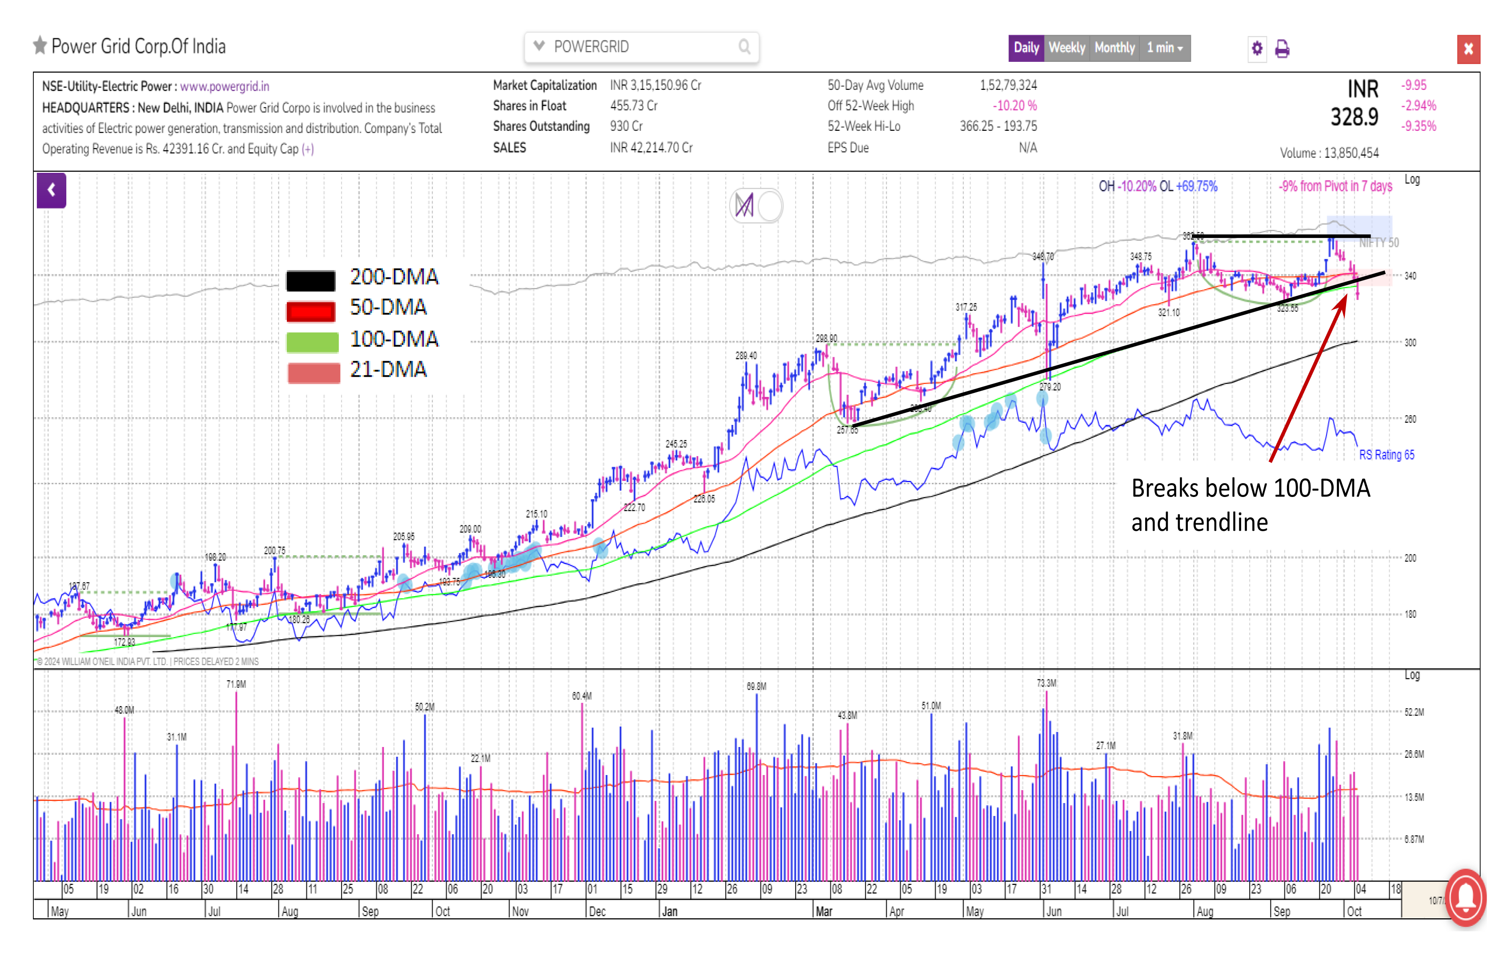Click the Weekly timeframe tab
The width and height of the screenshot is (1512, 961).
1066,48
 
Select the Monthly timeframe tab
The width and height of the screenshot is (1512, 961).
1114,48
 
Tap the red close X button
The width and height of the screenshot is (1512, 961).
1468,49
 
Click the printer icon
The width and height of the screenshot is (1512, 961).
1282,49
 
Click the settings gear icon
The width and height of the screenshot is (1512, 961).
1256,48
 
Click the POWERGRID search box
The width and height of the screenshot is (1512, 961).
640,47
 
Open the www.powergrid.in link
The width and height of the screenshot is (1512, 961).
224,86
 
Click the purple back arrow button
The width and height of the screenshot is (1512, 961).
52,190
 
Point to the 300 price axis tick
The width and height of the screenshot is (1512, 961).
1410,342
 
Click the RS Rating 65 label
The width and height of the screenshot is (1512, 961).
1387,455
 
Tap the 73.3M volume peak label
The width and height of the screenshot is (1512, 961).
1046,683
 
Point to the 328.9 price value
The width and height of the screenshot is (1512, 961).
1355,117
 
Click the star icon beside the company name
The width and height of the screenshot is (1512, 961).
40,46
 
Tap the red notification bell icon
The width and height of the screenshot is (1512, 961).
1466,897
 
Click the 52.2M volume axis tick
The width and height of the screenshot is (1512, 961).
1414,712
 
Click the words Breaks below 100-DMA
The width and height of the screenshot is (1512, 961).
1250,489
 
